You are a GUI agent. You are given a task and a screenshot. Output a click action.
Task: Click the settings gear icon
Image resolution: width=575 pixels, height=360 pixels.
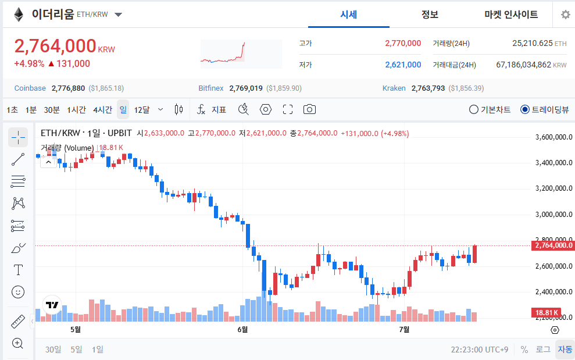coord(566,15)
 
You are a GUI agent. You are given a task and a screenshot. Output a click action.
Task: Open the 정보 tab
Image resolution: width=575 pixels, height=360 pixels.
coord(430,15)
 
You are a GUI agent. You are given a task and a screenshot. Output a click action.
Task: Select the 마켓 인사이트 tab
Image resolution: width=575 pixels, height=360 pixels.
coord(511,15)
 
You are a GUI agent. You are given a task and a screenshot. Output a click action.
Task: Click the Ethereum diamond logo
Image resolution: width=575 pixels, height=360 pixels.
coord(19,15)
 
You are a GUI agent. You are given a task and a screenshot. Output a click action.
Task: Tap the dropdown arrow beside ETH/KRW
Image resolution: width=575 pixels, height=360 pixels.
coord(118,15)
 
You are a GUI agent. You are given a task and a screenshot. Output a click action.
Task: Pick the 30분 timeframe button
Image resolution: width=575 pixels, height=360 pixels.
coord(52,110)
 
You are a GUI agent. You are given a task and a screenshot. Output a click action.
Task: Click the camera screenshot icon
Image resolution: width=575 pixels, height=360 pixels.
coord(309,109)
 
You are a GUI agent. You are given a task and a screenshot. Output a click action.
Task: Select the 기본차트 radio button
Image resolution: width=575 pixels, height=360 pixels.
coord(474,109)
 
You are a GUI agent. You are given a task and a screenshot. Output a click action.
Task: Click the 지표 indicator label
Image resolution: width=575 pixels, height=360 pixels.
coord(219,110)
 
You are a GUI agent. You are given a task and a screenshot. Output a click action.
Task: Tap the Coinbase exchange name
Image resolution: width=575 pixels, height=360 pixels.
coord(30,88)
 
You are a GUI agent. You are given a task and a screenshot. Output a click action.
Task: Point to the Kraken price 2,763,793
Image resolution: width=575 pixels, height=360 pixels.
coord(428,88)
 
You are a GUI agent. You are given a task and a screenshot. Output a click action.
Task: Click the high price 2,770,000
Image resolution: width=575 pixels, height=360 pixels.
coord(403,43)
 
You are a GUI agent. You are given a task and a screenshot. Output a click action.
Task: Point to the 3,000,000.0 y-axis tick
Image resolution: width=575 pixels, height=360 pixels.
coord(553,214)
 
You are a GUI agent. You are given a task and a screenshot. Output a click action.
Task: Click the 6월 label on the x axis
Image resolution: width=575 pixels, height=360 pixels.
coord(242,330)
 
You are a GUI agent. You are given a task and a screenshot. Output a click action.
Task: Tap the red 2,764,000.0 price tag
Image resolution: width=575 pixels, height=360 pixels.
coord(553,245)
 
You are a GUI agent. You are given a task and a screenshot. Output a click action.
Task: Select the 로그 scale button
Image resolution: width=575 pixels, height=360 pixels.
coord(542,350)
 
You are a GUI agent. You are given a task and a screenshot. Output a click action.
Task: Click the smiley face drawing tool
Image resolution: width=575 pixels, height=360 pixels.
coord(18,292)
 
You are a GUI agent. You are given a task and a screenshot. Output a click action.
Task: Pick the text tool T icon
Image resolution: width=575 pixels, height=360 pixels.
coord(18,270)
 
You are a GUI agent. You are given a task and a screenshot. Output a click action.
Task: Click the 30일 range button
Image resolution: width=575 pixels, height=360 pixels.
coord(53,350)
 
